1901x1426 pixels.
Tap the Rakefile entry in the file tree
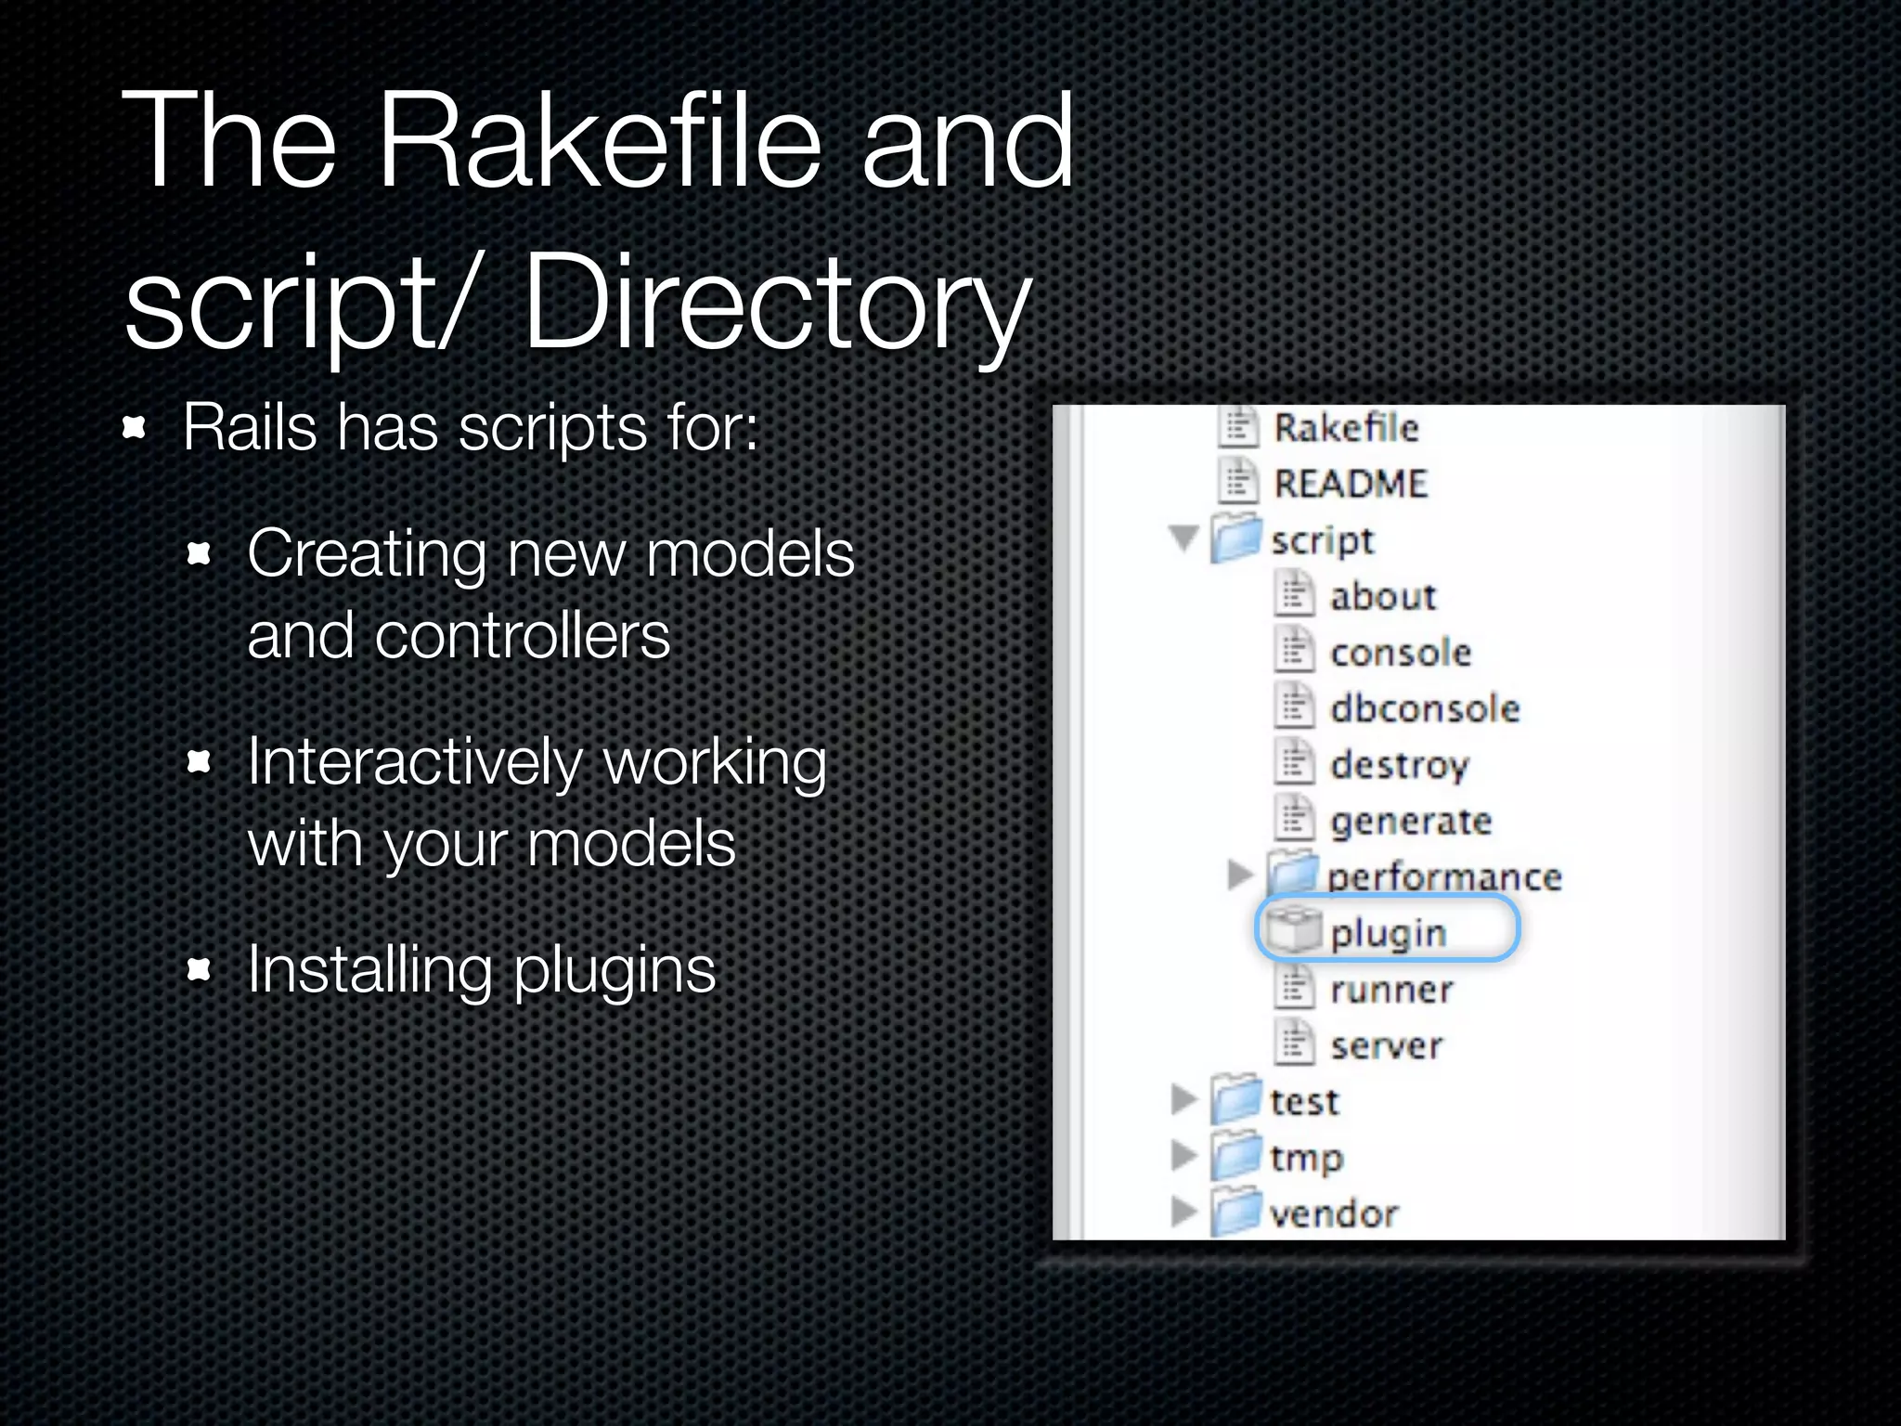[x=1345, y=428]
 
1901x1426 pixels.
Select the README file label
[x=1350, y=484]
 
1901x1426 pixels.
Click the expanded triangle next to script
[x=1183, y=538]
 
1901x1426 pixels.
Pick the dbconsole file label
[x=1424, y=709]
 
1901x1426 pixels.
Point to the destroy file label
[x=1399, y=766]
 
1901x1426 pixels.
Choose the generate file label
[x=1410, y=822]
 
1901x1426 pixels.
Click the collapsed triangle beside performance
[x=1238, y=874]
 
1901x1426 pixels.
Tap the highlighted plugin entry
[x=1387, y=931]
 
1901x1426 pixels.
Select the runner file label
[x=1390, y=990]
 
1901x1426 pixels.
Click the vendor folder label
[x=1333, y=1213]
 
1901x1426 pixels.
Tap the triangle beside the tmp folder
[x=1183, y=1155]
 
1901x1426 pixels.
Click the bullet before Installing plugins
[x=199, y=971]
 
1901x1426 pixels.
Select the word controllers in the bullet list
[x=522, y=637]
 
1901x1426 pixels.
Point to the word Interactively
[x=415, y=763]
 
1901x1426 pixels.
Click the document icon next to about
[x=1294, y=594]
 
